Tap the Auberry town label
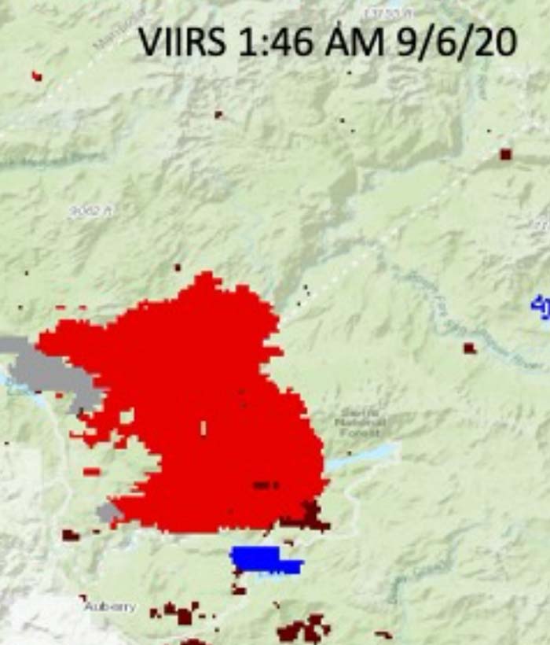point(111,606)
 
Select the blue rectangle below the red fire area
point(263,559)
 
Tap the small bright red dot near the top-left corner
point(36,76)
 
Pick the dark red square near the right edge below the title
point(505,154)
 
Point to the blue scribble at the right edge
point(541,303)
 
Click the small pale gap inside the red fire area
point(203,428)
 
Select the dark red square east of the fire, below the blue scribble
point(469,348)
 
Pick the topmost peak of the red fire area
point(206,276)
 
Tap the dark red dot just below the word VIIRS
point(218,114)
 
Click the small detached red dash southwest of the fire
point(92,472)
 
